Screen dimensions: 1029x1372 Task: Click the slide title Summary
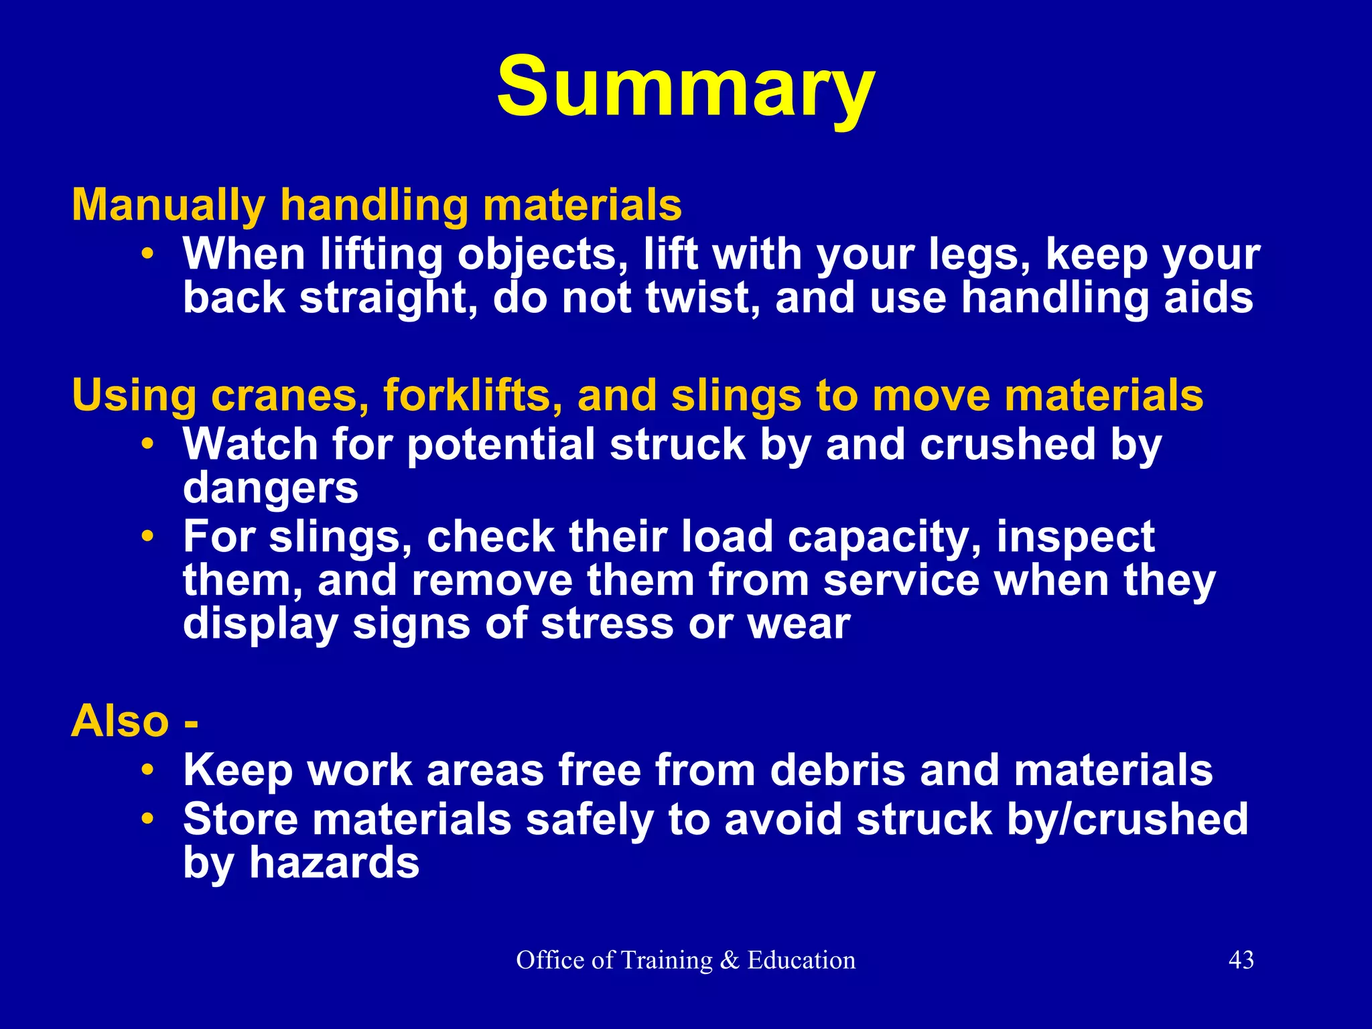685,87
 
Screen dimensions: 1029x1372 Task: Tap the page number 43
1241,960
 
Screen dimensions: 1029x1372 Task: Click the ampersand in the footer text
730,960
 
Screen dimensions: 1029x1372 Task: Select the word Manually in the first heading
168,205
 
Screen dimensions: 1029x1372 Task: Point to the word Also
121,722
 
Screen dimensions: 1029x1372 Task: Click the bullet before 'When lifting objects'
148,255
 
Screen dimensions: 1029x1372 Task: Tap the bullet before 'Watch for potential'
148,445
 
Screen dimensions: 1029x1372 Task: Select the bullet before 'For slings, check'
148,537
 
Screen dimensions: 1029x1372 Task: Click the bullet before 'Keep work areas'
148,770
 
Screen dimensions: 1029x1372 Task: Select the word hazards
334,863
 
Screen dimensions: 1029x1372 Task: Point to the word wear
799,624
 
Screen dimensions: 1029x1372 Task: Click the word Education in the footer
801,960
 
